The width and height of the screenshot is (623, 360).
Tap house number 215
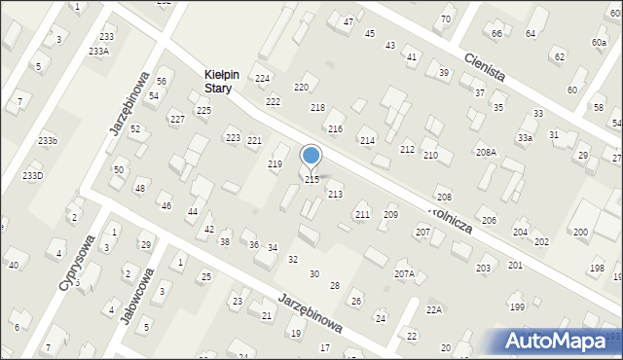click(312, 180)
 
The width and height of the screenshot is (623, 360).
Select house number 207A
click(404, 274)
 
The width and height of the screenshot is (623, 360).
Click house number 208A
click(486, 153)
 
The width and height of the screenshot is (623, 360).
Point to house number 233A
click(98, 51)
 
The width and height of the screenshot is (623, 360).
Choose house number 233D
click(33, 175)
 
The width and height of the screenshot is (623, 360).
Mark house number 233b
click(48, 141)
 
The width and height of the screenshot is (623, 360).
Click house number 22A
click(434, 309)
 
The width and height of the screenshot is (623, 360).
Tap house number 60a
click(598, 43)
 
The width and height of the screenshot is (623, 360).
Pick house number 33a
click(525, 138)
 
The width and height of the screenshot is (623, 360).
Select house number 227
click(177, 120)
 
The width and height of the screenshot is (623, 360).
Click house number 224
click(262, 78)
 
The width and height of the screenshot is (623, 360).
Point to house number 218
click(317, 107)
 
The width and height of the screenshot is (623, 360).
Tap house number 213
click(335, 195)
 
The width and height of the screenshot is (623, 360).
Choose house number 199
click(517, 307)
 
